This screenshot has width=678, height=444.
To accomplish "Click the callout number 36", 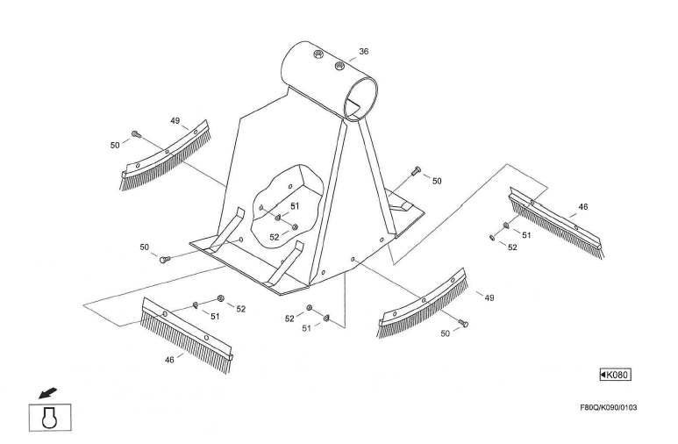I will [x=363, y=52].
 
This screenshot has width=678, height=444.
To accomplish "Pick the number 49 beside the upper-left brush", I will [x=175, y=120].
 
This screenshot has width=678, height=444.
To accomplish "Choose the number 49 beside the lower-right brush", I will [x=489, y=297].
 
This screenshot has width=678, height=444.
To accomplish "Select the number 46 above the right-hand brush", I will [x=583, y=207].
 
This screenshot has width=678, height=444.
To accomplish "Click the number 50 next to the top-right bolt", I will [x=437, y=180].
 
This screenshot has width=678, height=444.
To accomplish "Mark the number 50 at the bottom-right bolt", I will [x=446, y=333].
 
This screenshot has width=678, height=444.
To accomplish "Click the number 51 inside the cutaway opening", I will [x=295, y=205].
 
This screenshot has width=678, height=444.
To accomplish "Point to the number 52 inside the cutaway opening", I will [x=275, y=237].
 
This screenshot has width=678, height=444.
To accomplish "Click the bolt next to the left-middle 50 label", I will [x=164, y=258].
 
